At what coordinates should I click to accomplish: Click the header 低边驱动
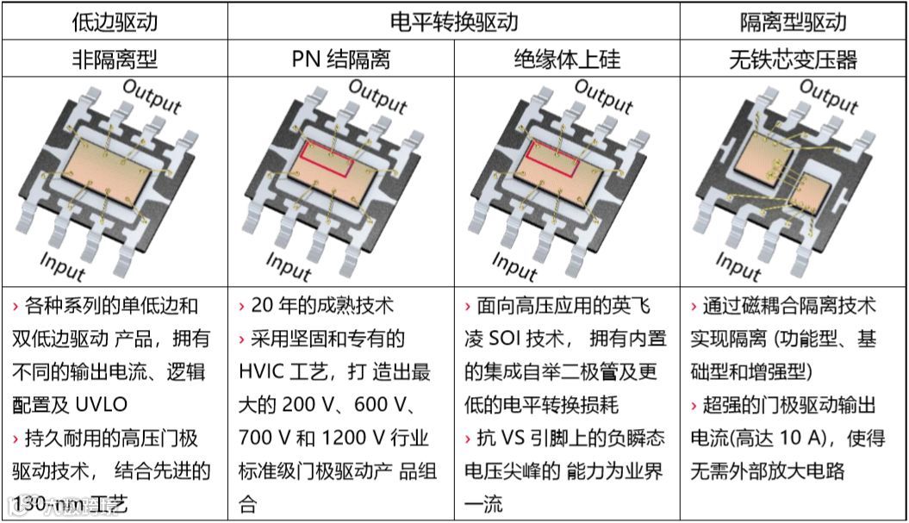pos(114,22)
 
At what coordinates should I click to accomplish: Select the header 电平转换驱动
pos(454,22)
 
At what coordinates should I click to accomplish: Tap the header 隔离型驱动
pos(794,22)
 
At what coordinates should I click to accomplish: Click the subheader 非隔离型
pos(114,59)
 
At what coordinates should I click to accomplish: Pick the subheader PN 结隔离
pos(341,59)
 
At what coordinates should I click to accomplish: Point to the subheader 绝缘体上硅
pos(567,59)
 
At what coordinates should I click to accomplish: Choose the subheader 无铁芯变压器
pos(794,59)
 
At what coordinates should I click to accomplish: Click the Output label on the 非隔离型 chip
pos(152,97)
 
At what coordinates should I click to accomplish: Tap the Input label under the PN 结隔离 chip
pos(288,266)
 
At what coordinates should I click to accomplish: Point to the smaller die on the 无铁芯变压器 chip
pos(812,191)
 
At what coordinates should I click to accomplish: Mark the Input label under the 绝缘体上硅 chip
pos(514,266)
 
